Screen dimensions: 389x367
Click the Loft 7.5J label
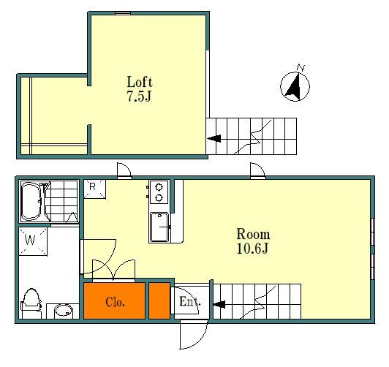pyautogui.click(x=140, y=89)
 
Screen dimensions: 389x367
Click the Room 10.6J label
pyautogui.click(x=253, y=241)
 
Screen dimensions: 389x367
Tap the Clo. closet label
pyautogui.click(x=115, y=302)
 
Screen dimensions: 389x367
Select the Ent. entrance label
pyautogui.click(x=190, y=301)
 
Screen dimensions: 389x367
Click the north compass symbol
pyautogui.click(x=295, y=86)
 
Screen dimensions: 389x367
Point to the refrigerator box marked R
pyautogui.click(x=94, y=189)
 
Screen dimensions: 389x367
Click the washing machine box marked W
pyautogui.click(x=33, y=241)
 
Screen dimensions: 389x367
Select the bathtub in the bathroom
pyautogui.click(x=31, y=202)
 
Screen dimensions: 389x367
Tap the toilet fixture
pyautogui.click(x=31, y=303)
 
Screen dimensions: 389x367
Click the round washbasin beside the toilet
pyautogui.click(x=64, y=311)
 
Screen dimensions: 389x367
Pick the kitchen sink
pyautogui.click(x=159, y=227)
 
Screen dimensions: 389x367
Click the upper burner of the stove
pyautogui.click(x=159, y=186)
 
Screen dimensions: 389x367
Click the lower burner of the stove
pyautogui.click(x=159, y=198)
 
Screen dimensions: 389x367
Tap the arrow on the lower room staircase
pyautogui.click(x=219, y=304)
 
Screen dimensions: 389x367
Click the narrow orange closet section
pyautogui.click(x=159, y=300)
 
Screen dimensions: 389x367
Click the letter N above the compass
pyautogui.click(x=301, y=67)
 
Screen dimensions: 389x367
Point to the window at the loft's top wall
pyautogui.click(x=123, y=13)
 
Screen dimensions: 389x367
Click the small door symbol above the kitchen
pyautogui.click(x=124, y=171)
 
